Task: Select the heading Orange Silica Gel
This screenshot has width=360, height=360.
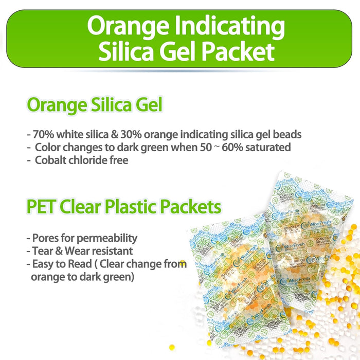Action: pyautogui.click(x=95, y=105)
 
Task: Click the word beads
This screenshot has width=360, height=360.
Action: pyautogui.click(x=286, y=135)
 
